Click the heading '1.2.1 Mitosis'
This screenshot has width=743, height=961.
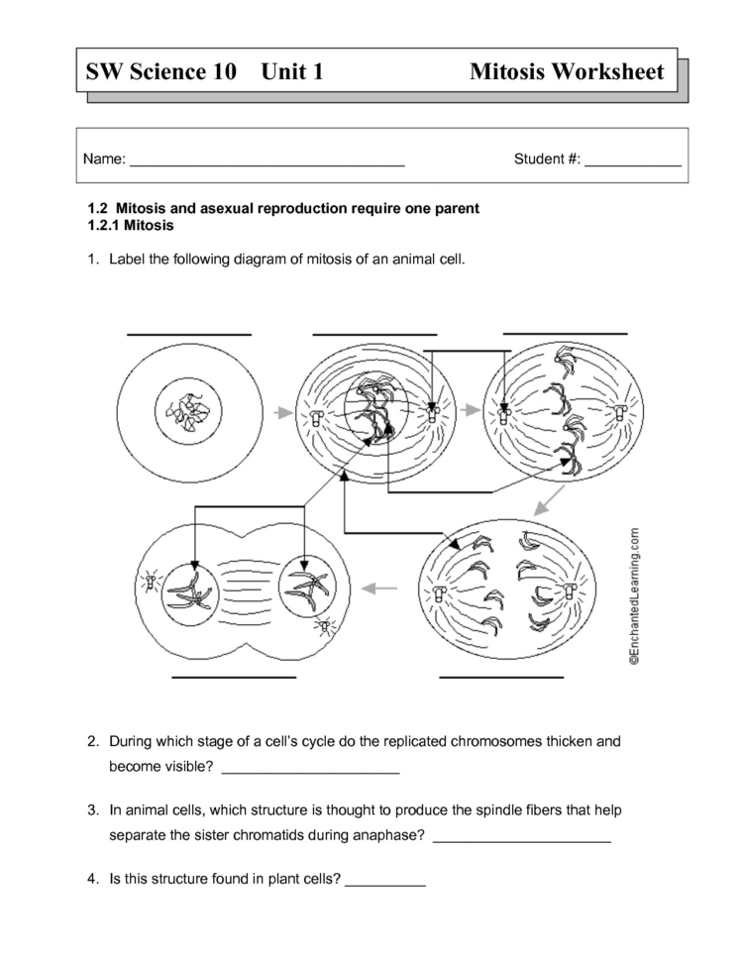(x=131, y=225)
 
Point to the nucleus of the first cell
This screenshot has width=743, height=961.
(x=189, y=410)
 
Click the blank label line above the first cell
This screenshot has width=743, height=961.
(x=189, y=335)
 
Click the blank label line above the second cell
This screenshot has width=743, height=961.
(x=374, y=335)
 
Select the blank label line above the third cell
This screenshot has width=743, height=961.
(x=565, y=334)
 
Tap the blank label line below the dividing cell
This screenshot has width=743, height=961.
(x=234, y=678)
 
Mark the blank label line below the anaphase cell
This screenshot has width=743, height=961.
(x=500, y=678)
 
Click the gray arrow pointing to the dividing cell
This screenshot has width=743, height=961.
(x=379, y=588)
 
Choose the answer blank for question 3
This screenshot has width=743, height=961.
(x=522, y=841)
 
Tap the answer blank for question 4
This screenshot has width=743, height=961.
(x=384, y=884)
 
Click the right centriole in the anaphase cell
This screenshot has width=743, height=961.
(x=571, y=591)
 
